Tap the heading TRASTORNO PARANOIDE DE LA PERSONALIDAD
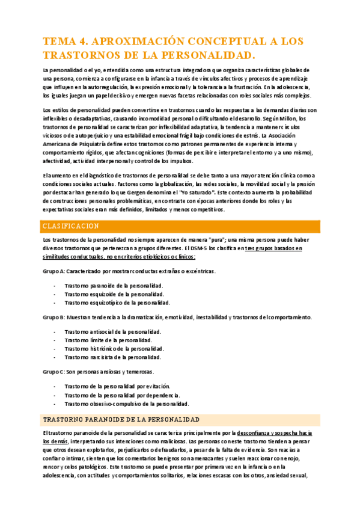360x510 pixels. coord(121,419)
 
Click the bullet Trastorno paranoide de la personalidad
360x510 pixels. coord(114,286)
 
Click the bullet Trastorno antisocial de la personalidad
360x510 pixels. coord(112,331)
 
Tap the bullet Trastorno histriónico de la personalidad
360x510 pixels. coord(114,348)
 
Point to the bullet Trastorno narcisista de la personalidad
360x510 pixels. coord(114,357)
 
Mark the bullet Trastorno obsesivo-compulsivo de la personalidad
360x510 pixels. coord(127,404)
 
